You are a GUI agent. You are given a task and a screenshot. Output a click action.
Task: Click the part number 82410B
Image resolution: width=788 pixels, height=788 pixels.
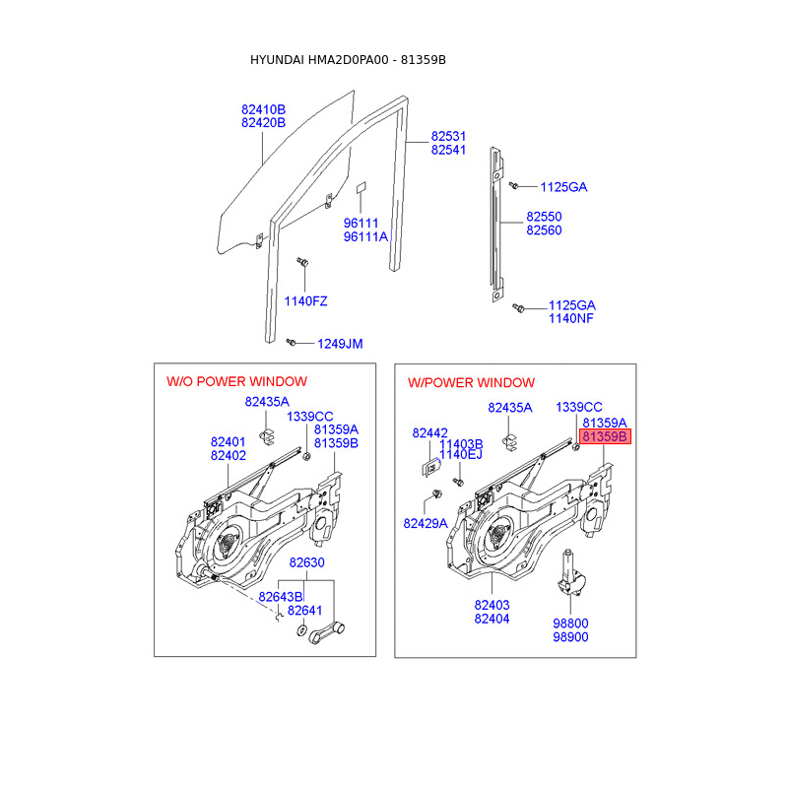(263, 109)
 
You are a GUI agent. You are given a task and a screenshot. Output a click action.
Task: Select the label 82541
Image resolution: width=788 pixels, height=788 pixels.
(448, 150)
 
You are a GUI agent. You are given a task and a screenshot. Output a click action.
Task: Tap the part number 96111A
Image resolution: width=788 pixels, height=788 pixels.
(365, 237)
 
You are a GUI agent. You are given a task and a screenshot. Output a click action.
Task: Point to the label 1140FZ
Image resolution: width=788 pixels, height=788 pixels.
(306, 301)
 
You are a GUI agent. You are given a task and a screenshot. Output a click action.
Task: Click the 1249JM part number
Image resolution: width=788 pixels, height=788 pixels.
(339, 344)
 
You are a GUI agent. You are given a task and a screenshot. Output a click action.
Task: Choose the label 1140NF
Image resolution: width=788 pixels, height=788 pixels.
(571, 319)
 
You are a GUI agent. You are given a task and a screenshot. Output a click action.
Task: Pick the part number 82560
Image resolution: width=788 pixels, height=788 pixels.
(544, 230)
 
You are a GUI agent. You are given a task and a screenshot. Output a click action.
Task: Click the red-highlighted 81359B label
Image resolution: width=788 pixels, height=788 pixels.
(604, 436)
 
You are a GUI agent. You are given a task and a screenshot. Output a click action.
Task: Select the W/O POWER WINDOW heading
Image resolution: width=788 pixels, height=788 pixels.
(236, 381)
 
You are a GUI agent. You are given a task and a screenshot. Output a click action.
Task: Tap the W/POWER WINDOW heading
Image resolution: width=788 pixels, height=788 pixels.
(471, 382)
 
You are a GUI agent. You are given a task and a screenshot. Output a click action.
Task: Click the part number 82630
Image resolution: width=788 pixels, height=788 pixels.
(306, 562)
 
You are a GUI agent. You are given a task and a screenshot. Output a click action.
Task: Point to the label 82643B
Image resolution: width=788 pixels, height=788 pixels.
(281, 597)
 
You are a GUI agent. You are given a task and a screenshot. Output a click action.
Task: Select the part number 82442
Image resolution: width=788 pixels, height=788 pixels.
(429, 432)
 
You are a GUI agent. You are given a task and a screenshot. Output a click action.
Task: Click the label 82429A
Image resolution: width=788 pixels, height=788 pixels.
(425, 523)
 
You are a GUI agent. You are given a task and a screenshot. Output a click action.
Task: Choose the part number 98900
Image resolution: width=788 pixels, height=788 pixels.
(571, 637)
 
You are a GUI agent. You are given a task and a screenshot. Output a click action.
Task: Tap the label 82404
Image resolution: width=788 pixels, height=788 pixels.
(492, 619)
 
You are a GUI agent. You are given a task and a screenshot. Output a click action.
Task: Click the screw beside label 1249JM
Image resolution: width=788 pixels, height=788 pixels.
(292, 341)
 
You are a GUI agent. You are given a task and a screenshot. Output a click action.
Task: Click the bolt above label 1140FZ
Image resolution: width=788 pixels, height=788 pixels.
(304, 263)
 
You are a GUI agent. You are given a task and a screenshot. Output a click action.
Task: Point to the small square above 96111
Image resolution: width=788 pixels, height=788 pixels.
(361, 187)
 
